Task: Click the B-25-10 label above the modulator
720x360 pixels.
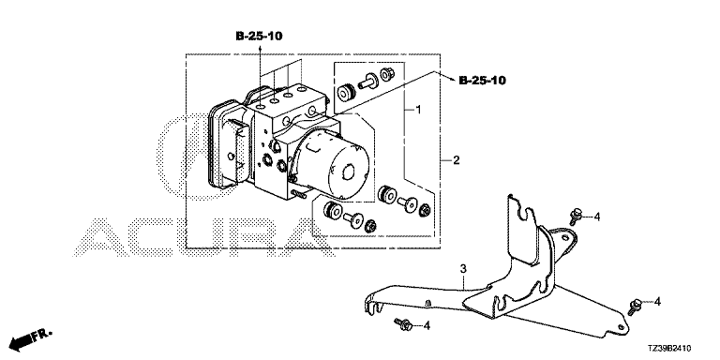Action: [x=259, y=37]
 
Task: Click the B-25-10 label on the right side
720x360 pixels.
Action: [x=482, y=81]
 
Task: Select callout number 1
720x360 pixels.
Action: [x=418, y=110]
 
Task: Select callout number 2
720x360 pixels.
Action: [x=456, y=160]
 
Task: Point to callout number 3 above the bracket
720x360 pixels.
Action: [x=463, y=268]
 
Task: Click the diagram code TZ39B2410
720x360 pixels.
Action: [x=670, y=349]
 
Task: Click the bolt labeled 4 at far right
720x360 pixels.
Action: [x=635, y=307]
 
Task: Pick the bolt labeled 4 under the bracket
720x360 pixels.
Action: [x=403, y=324]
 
